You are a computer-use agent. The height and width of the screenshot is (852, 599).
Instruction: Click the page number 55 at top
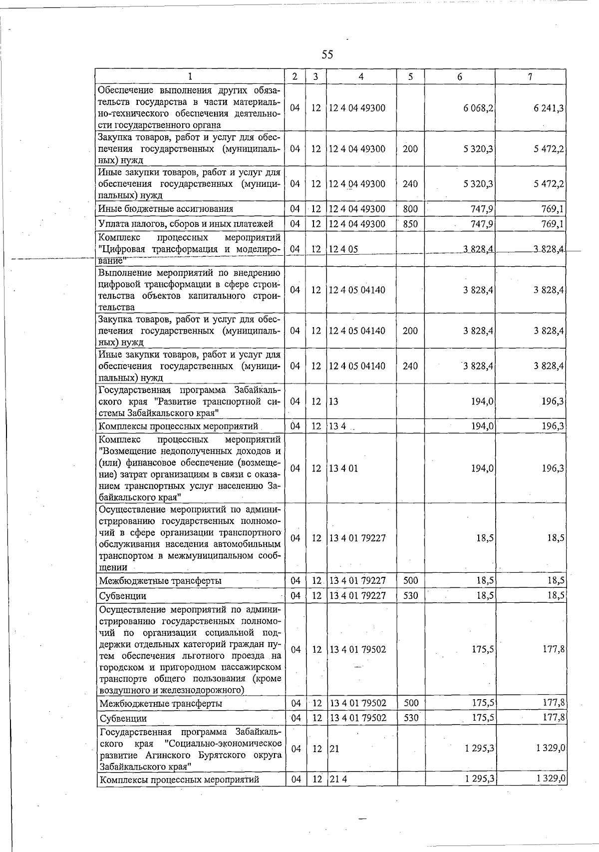(x=327, y=54)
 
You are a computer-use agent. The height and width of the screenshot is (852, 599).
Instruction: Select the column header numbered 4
(x=360, y=76)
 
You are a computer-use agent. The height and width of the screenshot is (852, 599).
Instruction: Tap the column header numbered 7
(x=530, y=76)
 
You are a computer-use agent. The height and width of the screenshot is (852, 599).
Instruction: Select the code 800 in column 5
(x=410, y=209)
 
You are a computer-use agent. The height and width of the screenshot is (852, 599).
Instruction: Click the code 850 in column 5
(x=410, y=224)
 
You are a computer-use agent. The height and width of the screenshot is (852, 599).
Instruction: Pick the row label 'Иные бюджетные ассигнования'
(x=166, y=209)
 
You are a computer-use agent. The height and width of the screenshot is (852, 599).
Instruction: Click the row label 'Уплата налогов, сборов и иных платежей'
(x=186, y=224)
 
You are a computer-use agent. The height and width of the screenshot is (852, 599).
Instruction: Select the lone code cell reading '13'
(x=333, y=401)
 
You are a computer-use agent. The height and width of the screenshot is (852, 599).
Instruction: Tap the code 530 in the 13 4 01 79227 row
(x=410, y=595)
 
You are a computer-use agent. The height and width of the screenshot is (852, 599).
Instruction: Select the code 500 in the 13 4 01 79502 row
(x=410, y=703)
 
